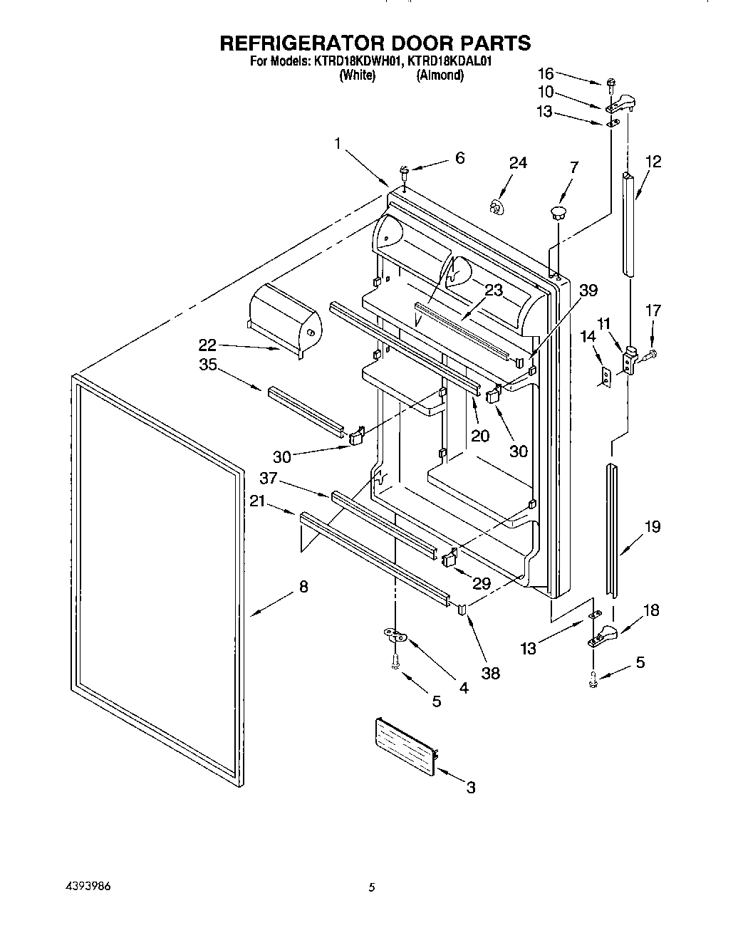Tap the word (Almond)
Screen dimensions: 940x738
pyautogui.click(x=440, y=75)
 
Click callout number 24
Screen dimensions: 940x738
pyautogui.click(x=518, y=163)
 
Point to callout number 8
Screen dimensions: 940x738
pyautogui.click(x=303, y=587)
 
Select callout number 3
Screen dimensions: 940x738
pyautogui.click(x=470, y=787)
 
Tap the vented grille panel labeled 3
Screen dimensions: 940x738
pyautogui.click(x=405, y=744)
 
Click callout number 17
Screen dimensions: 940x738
pyautogui.click(x=653, y=310)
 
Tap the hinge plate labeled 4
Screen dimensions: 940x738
pyautogui.click(x=395, y=633)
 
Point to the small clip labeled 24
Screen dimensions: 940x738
pyautogui.click(x=497, y=207)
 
